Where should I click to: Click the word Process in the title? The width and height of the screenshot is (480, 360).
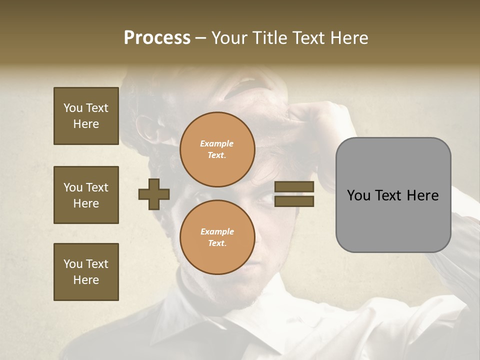click(x=157, y=38)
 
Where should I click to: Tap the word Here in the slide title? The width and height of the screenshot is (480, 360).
click(x=348, y=38)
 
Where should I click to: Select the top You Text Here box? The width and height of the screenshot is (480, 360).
click(x=86, y=116)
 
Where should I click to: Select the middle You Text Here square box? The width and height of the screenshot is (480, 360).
click(x=86, y=195)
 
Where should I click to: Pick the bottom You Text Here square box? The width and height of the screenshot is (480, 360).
click(x=86, y=272)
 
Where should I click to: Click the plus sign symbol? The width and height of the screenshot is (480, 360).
click(x=154, y=194)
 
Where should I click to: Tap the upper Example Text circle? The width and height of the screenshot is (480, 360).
click(x=217, y=149)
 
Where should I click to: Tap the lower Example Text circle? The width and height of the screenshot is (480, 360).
click(x=217, y=237)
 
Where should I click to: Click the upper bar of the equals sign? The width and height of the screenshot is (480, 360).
click(x=294, y=187)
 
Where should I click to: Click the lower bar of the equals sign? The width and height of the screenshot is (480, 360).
click(x=294, y=201)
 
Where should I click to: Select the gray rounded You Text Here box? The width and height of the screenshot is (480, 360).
click(x=393, y=195)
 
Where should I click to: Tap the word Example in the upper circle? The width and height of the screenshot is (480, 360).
click(x=217, y=144)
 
